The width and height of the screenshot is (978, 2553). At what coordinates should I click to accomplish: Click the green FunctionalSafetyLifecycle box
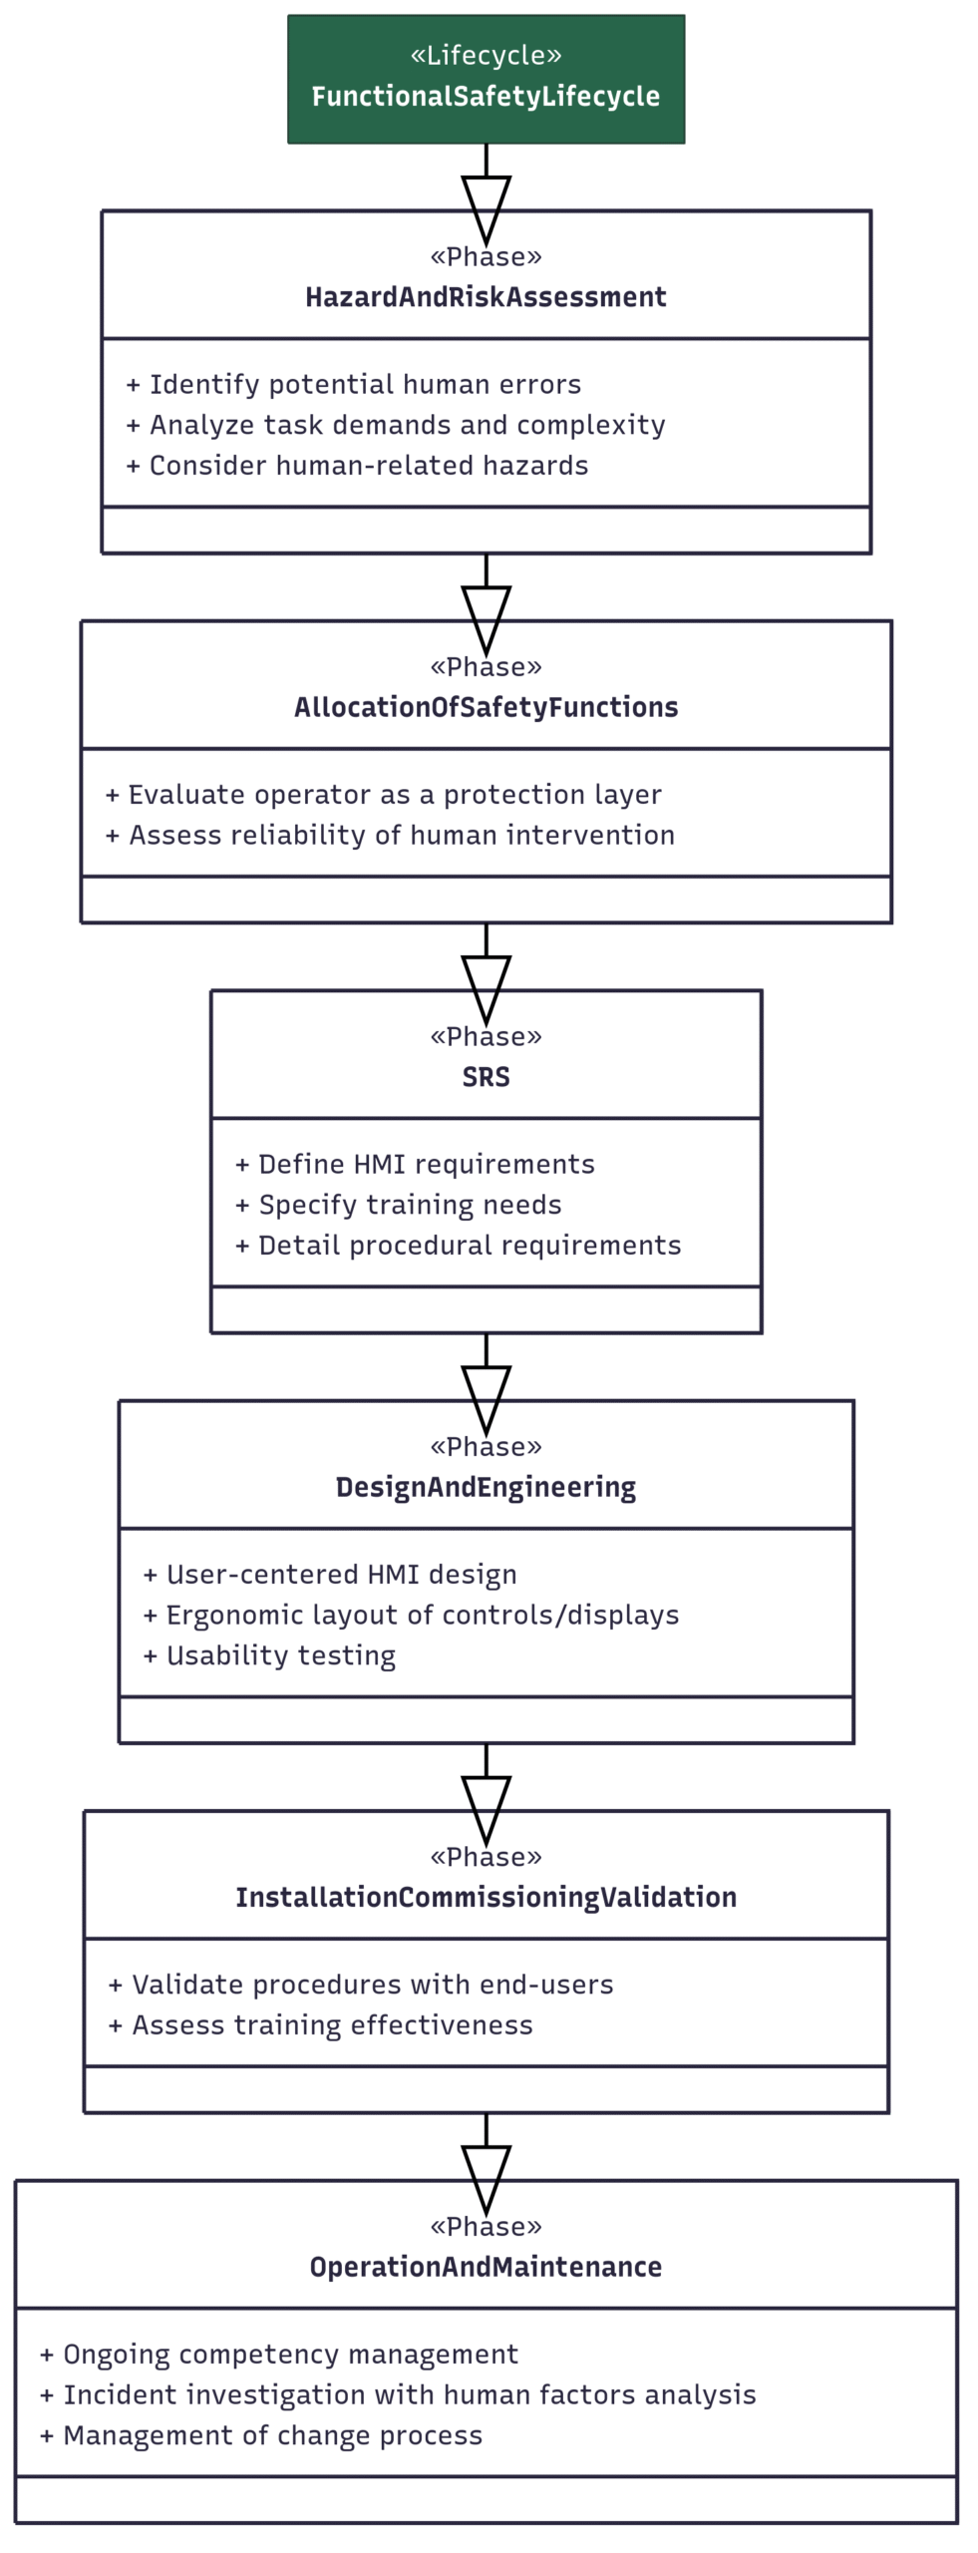click(486, 79)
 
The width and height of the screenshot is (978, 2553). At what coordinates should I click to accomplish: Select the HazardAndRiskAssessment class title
click(486, 297)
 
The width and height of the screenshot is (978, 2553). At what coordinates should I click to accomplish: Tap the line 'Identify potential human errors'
click(354, 385)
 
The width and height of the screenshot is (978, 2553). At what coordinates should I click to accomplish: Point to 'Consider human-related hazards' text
click(357, 466)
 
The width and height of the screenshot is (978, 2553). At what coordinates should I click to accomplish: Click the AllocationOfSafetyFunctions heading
click(486, 707)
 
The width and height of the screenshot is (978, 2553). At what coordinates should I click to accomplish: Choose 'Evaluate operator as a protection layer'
click(384, 795)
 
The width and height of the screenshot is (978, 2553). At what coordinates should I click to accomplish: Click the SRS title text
click(486, 1077)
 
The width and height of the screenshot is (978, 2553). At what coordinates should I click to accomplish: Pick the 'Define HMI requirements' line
click(415, 1165)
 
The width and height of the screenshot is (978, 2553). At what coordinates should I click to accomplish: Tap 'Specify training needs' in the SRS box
click(399, 1205)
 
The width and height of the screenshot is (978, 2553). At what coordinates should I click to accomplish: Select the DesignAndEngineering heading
click(486, 1487)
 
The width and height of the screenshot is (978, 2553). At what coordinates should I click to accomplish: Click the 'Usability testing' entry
click(269, 1655)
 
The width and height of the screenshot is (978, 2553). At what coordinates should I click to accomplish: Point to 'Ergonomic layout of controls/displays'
click(411, 1616)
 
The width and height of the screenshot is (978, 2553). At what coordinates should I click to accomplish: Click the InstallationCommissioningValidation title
click(486, 1897)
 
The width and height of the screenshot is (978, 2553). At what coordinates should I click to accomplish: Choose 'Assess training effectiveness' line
click(320, 2025)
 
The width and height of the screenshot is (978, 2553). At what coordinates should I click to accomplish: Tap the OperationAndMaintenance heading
click(486, 2267)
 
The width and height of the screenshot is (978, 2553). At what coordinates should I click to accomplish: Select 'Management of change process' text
click(261, 2435)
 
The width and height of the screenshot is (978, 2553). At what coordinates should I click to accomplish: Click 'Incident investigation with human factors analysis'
click(398, 2395)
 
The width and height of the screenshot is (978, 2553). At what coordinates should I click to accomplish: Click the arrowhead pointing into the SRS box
click(486, 990)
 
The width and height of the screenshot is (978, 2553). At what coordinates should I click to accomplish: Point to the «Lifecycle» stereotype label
click(486, 55)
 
